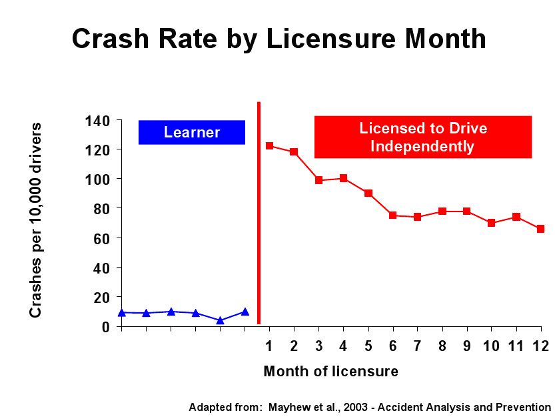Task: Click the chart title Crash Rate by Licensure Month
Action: pyautogui.click(x=278, y=39)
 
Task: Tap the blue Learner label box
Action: pyautogui.click(x=192, y=132)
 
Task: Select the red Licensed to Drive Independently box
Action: pyautogui.click(x=423, y=137)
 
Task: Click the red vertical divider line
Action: pyautogui.click(x=259, y=214)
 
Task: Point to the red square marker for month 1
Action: pyautogui.click(x=269, y=145)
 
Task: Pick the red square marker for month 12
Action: pyautogui.click(x=541, y=229)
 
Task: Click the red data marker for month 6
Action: pyautogui.click(x=393, y=216)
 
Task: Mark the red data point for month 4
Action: pyautogui.click(x=343, y=178)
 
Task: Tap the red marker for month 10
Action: pyautogui.click(x=491, y=223)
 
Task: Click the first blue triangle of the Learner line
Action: pyautogui.click(x=121, y=312)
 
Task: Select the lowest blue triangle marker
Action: pyautogui.click(x=220, y=320)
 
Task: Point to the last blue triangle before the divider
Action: pyautogui.click(x=245, y=312)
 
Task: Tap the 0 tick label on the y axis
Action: pyautogui.click(x=107, y=326)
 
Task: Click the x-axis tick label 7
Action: pyautogui.click(x=417, y=346)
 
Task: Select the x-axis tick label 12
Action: pyautogui.click(x=540, y=346)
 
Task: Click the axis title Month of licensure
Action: pyautogui.click(x=331, y=372)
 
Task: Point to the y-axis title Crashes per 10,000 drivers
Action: pyautogui.click(x=36, y=220)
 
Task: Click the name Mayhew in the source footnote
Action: pyautogui.click(x=286, y=407)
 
